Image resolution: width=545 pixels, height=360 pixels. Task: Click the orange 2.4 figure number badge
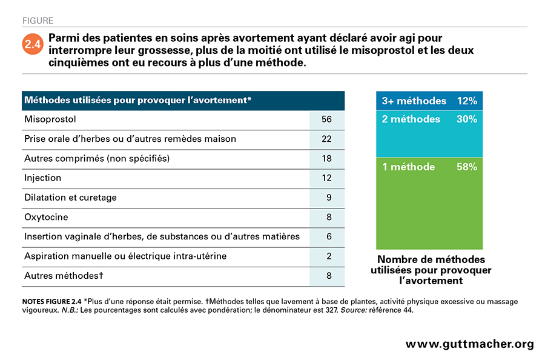click(x=33, y=44)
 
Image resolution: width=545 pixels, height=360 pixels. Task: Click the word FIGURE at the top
click(x=38, y=21)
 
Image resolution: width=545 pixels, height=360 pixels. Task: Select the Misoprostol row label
click(x=50, y=119)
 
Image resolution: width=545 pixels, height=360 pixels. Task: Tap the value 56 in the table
click(x=327, y=119)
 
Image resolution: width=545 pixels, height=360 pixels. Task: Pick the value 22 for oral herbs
click(x=327, y=139)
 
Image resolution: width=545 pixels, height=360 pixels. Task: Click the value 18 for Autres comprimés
click(x=327, y=158)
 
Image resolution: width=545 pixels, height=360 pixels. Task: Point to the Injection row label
click(x=43, y=178)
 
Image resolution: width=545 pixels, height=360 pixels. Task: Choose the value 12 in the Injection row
click(x=327, y=178)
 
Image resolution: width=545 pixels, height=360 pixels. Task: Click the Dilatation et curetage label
click(x=71, y=198)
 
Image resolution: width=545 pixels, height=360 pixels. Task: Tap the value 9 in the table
click(x=329, y=198)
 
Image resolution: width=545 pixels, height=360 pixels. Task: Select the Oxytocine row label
click(x=46, y=217)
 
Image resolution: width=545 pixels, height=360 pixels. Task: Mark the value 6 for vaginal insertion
click(x=329, y=236)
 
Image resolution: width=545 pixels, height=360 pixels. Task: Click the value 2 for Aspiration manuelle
click(x=329, y=256)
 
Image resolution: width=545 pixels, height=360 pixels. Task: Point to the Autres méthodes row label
click(x=64, y=276)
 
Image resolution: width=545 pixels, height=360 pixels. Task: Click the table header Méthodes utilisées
click(x=137, y=100)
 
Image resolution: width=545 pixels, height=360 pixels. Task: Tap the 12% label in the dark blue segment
click(x=467, y=101)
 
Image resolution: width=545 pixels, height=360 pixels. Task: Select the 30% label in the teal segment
click(x=467, y=119)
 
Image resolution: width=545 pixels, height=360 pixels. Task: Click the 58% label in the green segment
click(x=467, y=167)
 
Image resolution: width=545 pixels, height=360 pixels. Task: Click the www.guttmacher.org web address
click(x=469, y=344)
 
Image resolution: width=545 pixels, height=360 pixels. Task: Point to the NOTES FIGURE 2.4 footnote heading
click(x=52, y=302)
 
